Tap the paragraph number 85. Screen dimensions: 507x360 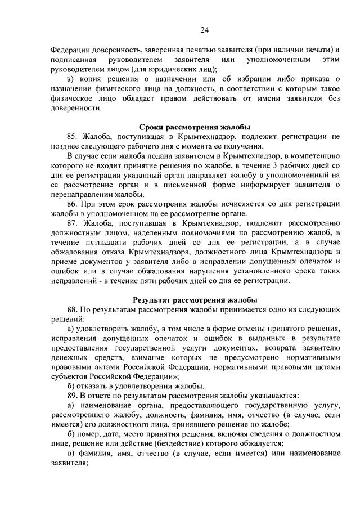click(x=73, y=137)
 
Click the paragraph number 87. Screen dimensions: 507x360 click(x=73, y=224)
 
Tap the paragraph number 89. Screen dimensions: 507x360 click(x=73, y=396)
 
